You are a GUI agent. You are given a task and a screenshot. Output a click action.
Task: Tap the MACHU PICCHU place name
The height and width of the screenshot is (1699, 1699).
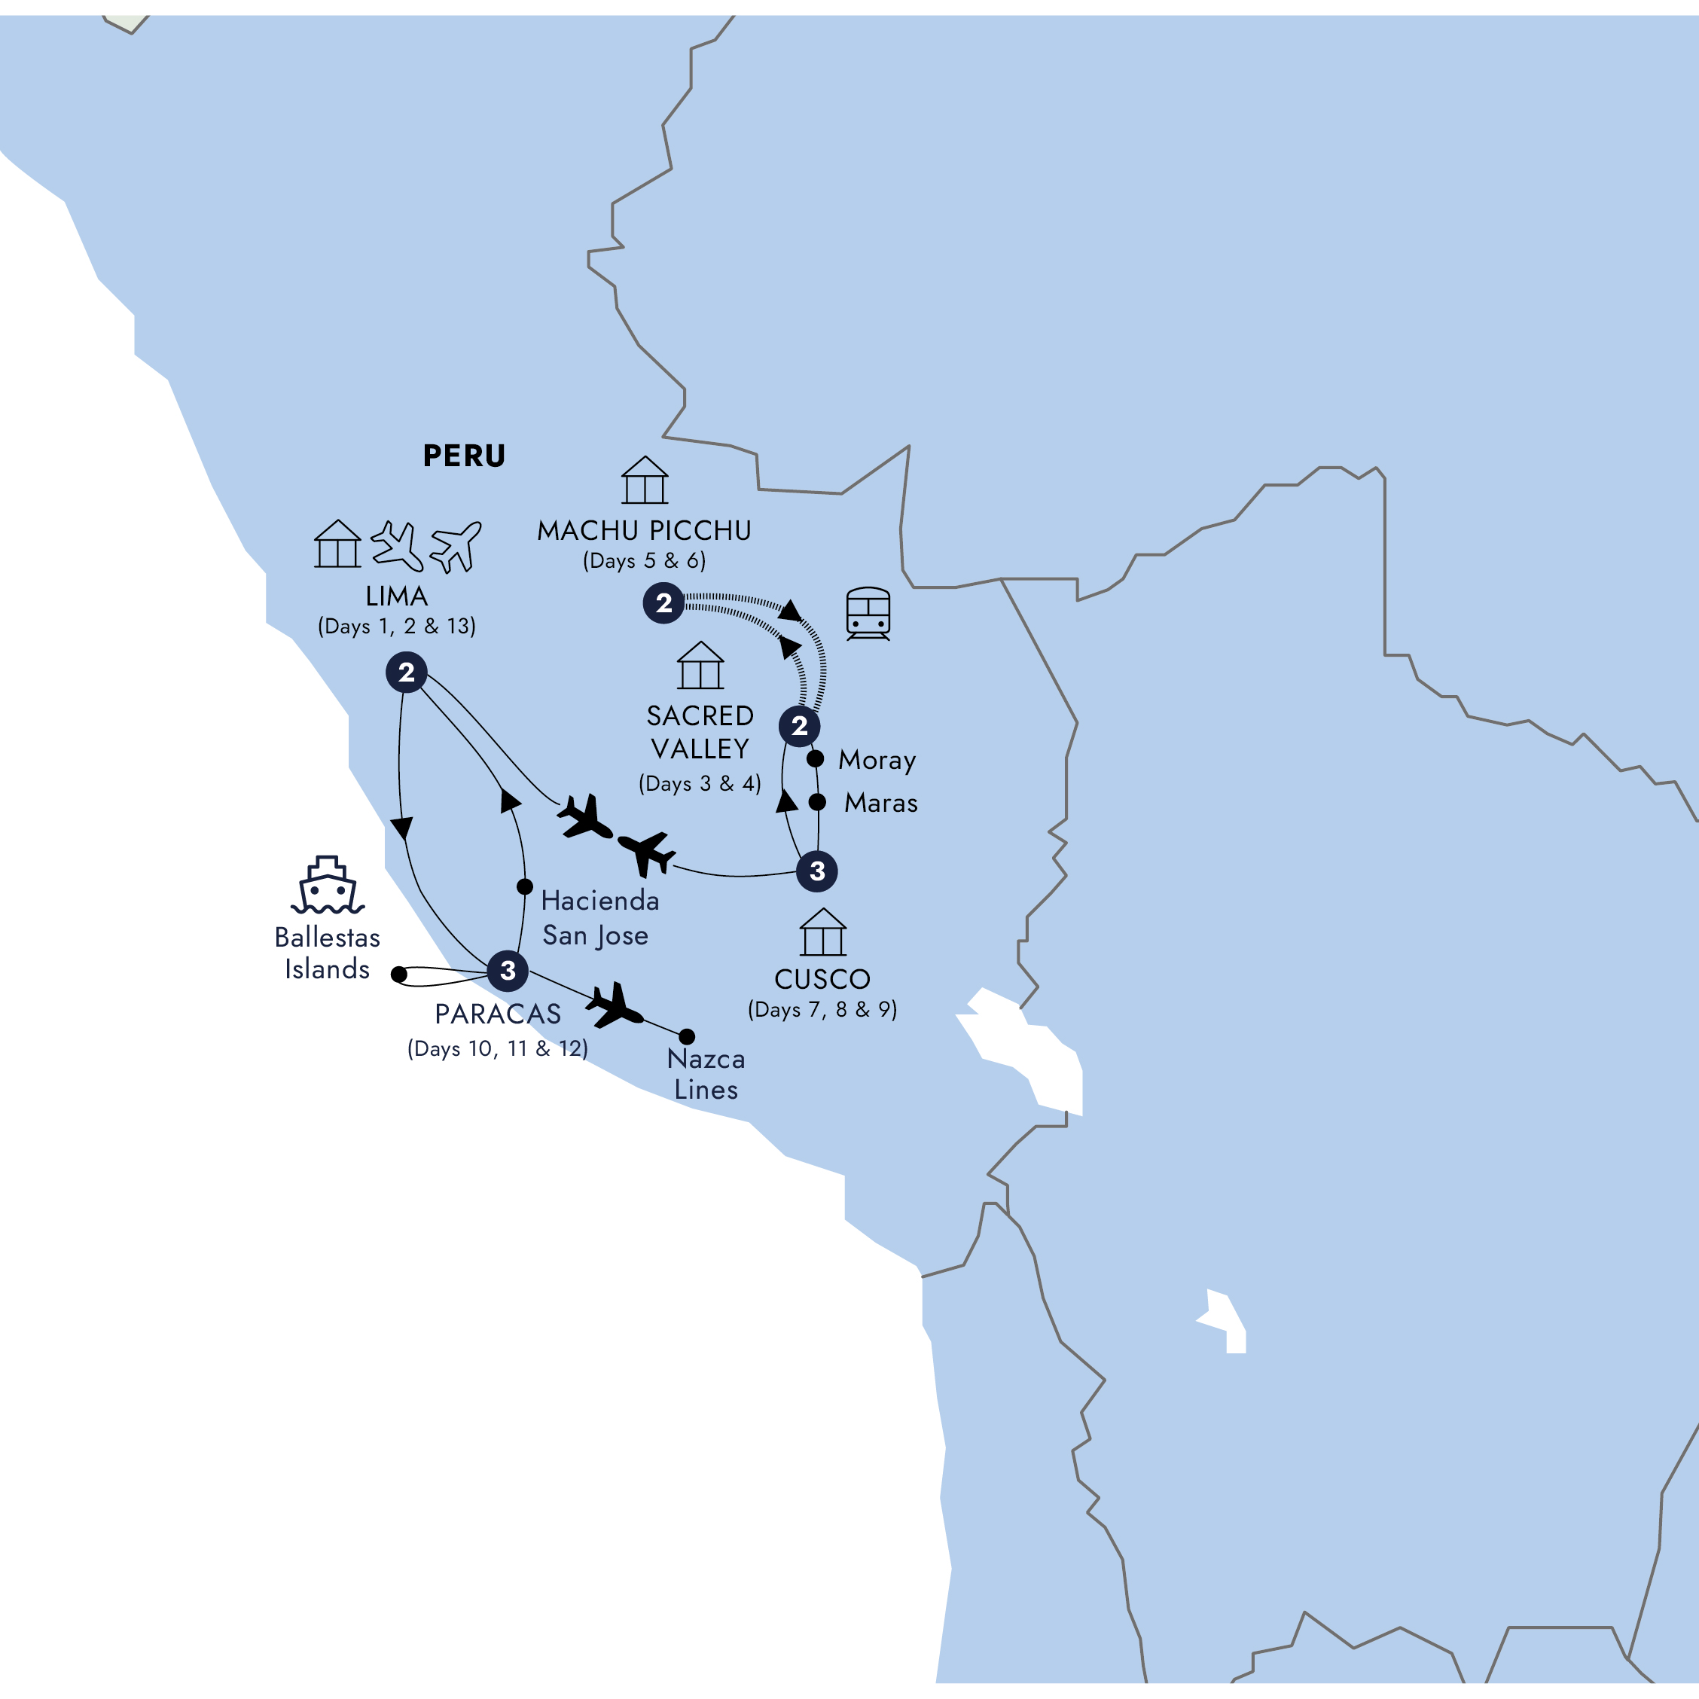tap(644, 530)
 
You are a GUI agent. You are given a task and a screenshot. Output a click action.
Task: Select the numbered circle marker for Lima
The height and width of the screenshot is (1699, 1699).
tap(406, 673)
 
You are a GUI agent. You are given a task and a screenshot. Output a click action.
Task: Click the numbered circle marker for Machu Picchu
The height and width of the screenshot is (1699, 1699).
tap(664, 603)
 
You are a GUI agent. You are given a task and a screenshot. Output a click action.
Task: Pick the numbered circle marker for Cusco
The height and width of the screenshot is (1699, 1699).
tap(817, 871)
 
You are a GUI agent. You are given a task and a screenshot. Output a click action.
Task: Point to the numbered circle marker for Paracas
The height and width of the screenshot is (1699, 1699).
tap(508, 971)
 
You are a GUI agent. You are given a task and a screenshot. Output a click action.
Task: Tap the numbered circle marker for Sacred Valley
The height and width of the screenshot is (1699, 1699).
tap(799, 727)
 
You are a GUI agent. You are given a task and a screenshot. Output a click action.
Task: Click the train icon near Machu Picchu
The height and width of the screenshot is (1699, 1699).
tap(868, 613)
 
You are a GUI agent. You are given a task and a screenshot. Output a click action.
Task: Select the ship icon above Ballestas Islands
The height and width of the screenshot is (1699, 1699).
tap(327, 886)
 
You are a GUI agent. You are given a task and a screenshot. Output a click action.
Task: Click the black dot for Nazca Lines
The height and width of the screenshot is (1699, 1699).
tap(687, 1037)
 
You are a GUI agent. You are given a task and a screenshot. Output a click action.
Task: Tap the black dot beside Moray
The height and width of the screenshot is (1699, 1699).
tap(815, 758)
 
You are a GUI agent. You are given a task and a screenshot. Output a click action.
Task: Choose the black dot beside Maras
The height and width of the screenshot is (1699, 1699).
tap(817, 802)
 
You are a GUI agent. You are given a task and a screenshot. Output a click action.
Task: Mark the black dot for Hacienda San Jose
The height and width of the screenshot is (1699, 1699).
tap(525, 886)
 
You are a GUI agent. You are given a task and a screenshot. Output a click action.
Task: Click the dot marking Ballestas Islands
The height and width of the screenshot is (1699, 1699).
tap(399, 975)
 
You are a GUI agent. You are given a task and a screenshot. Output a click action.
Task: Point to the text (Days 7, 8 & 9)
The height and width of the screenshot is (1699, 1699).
tap(822, 1010)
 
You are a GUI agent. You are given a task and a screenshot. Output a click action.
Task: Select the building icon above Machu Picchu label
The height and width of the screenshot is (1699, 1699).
tap(645, 480)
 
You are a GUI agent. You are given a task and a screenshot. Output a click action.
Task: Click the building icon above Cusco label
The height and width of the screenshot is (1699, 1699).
tap(823, 932)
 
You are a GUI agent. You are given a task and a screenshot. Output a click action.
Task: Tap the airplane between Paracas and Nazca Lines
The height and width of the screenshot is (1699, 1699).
tap(615, 1006)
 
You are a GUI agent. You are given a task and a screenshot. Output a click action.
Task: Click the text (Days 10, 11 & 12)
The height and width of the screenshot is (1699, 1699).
tap(497, 1048)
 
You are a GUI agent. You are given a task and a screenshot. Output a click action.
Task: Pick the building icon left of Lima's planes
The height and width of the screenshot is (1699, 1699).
tap(337, 544)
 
